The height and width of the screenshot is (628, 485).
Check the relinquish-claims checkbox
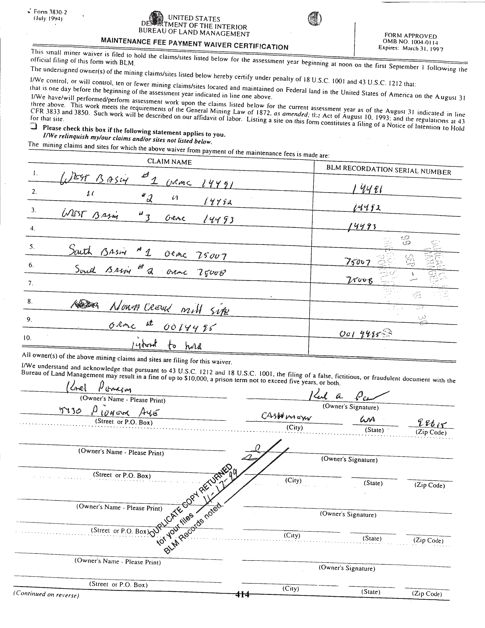[34, 127]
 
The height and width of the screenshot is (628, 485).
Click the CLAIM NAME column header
[169, 162]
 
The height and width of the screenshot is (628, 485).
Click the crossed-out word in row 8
[85, 305]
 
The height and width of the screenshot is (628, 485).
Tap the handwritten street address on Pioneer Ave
[109, 413]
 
